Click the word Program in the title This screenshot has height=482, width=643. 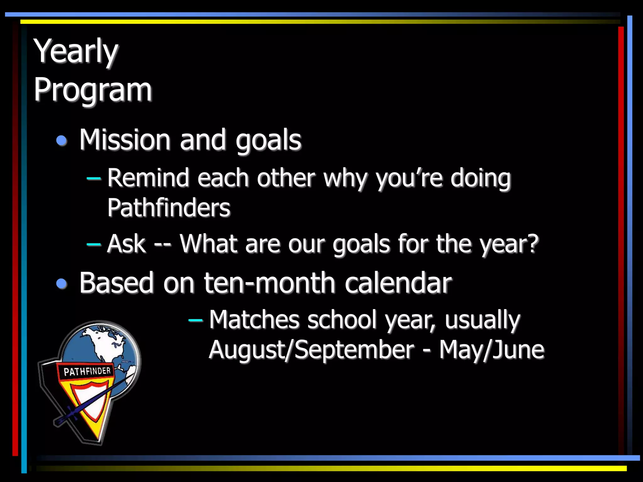click(x=93, y=90)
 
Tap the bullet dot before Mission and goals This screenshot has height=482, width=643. click(x=62, y=141)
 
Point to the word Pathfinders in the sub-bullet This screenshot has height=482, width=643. click(x=169, y=208)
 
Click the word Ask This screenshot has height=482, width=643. click(x=126, y=244)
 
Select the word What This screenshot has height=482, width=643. click(x=208, y=244)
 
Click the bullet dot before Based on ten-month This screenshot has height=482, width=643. click(x=62, y=284)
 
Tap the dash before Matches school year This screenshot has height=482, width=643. click(x=195, y=320)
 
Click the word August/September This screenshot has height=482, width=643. click(x=311, y=350)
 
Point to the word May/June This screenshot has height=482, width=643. click(x=491, y=350)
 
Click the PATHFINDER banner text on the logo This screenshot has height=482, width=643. click(x=87, y=372)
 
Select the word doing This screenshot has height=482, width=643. click(x=480, y=178)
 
